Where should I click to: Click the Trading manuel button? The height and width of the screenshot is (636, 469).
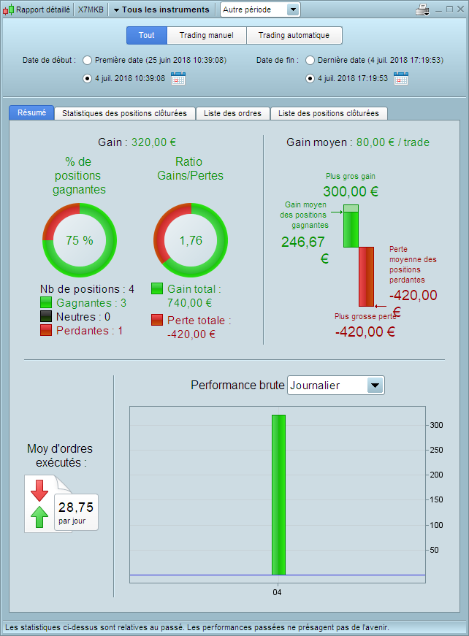(207, 35)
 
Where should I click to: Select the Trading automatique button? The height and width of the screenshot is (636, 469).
(294, 35)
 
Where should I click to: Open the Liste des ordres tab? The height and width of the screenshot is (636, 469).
(232, 114)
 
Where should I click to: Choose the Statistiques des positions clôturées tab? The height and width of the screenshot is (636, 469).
(124, 114)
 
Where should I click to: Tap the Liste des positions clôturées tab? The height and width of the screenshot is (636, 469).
(329, 114)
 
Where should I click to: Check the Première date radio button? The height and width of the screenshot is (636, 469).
(87, 61)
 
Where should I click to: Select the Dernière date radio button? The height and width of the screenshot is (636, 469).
(310, 61)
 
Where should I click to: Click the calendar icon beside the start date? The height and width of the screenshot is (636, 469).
(178, 78)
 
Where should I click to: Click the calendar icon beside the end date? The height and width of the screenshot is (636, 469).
(401, 78)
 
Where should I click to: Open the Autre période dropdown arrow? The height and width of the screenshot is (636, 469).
(292, 9)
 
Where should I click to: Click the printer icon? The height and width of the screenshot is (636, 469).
(423, 9)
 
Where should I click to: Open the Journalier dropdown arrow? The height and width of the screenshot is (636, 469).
(375, 386)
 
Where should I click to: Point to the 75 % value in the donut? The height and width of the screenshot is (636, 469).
(80, 240)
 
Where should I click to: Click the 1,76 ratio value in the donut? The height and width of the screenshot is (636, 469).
(191, 240)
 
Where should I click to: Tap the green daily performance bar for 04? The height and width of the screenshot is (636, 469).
(279, 495)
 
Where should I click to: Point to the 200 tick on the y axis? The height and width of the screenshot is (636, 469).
(437, 475)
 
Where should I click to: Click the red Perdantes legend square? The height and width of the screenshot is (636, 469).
(46, 330)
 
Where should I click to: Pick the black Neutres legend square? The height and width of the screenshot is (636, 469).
(46, 316)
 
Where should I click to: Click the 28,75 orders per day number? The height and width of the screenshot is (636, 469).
(76, 507)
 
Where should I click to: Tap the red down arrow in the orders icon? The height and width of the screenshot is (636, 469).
(39, 491)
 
